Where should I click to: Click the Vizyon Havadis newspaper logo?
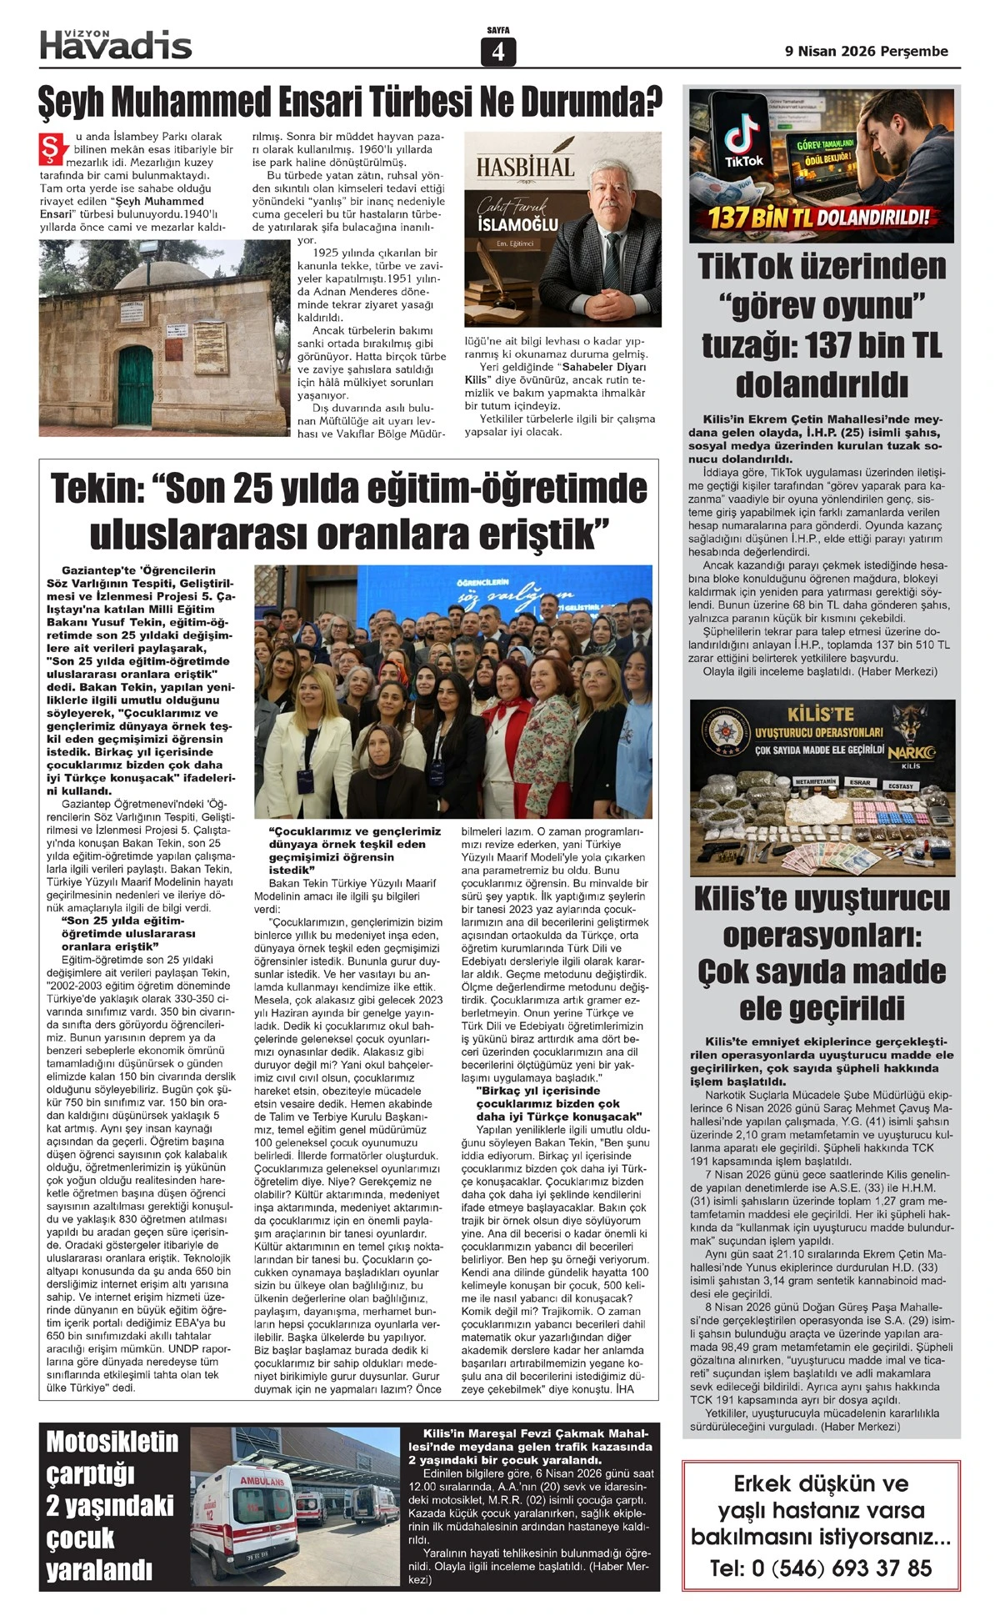[x=116, y=43]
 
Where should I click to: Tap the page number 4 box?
[x=498, y=52]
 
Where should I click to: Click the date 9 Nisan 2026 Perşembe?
[x=867, y=52]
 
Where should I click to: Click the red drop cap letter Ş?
[x=52, y=146]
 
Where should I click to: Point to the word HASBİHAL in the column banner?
[x=525, y=167]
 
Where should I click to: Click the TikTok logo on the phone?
[x=743, y=138]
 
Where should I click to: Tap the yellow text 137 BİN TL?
[x=757, y=219]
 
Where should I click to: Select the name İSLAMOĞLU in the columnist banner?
[x=517, y=225]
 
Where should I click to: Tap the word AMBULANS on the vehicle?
[x=262, y=1481]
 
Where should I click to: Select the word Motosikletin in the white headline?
[x=112, y=1442]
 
